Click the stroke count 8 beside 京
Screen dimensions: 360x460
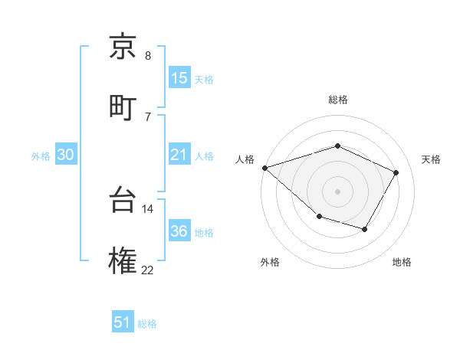pyautogui.click(x=147, y=56)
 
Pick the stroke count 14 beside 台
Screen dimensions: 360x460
pyautogui.click(x=147, y=208)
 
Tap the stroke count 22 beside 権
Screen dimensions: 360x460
pyautogui.click(x=147, y=270)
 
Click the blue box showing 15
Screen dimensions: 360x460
pyautogui.click(x=179, y=78)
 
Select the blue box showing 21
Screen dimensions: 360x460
pyautogui.click(x=179, y=155)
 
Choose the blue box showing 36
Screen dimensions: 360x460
pyautogui.click(x=179, y=231)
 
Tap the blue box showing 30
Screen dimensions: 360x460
pyautogui.click(x=66, y=155)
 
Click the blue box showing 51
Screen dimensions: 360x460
pyautogui.click(x=123, y=322)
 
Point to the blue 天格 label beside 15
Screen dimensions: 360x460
pyautogui.click(x=204, y=80)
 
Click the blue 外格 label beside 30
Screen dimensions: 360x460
pyautogui.click(x=41, y=156)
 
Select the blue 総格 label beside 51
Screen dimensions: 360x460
pyautogui.click(x=147, y=324)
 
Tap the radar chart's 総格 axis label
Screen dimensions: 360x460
pyautogui.click(x=337, y=100)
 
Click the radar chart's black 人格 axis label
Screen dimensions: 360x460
pyautogui.click(x=245, y=159)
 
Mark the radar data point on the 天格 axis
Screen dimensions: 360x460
pyautogui.click(x=396, y=172)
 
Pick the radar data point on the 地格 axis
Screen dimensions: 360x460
pyautogui.click(x=365, y=229)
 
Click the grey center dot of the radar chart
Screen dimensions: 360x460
pyautogui.click(x=337, y=191)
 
